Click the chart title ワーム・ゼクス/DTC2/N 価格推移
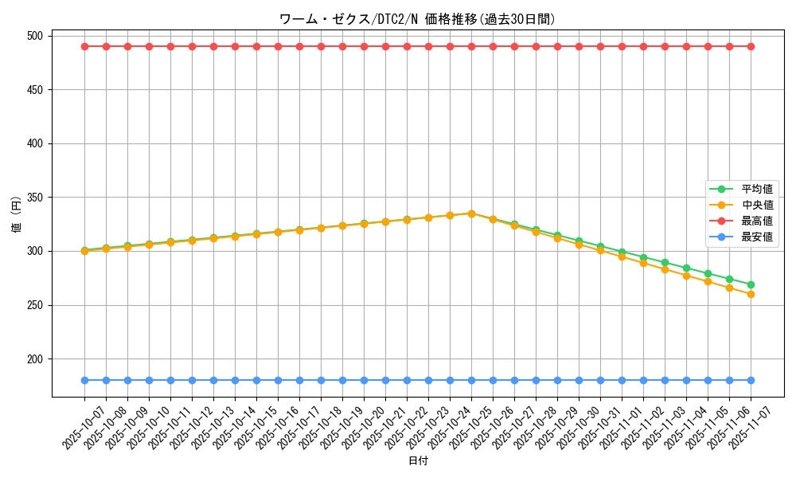417,19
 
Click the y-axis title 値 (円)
17,216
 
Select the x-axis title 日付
418,461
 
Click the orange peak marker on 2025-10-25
471,214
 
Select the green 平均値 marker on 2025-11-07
751,284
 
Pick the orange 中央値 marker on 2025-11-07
751,294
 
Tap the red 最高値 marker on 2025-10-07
84,46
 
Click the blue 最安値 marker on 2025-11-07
751,380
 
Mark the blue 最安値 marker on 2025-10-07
84,380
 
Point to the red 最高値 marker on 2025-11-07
751,46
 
